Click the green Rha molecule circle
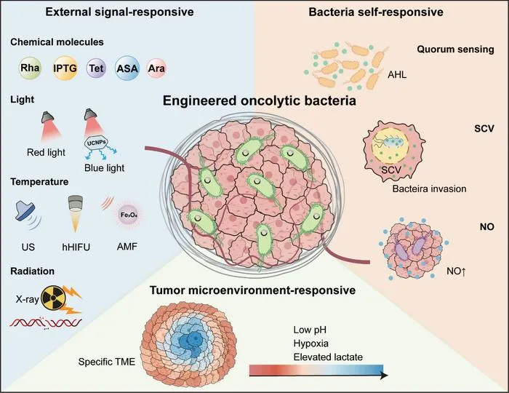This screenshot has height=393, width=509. pyautogui.click(x=30, y=68)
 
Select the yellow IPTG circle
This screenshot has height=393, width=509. pyautogui.click(x=65, y=68)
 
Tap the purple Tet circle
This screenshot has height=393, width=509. pyautogui.click(x=97, y=68)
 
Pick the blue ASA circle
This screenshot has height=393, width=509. pyautogui.click(x=127, y=68)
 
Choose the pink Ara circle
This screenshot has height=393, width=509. pyautogui.click(x=156, y=68)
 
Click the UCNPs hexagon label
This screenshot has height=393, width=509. pyautogui.click(x=97, y=142)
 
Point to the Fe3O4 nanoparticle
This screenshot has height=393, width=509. pyautogui.click(x=129, y=215)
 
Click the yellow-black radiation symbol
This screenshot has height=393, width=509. pyautogui.click(x=53, y=297)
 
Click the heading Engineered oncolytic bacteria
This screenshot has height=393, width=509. pyautogui.click(x=260, y=100)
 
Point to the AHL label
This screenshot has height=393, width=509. pyautogui.click(x=397, y=75)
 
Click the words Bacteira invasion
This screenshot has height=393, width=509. pyautogui.click(x=429, y=188)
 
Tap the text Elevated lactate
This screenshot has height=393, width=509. pyautogui.click(x=328, y=357)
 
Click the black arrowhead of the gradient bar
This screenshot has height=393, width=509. pyautogui.click(x=385, y=376)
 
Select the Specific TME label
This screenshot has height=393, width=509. pyautogui.click(x=106, y=362)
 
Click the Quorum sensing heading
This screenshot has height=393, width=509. pyautogui.click(x=455, y=49)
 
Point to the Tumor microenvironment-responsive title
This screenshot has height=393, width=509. pyautogui.click(x=252, y=290)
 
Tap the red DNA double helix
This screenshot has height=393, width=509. pyautogui.click(x=46, y=322)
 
